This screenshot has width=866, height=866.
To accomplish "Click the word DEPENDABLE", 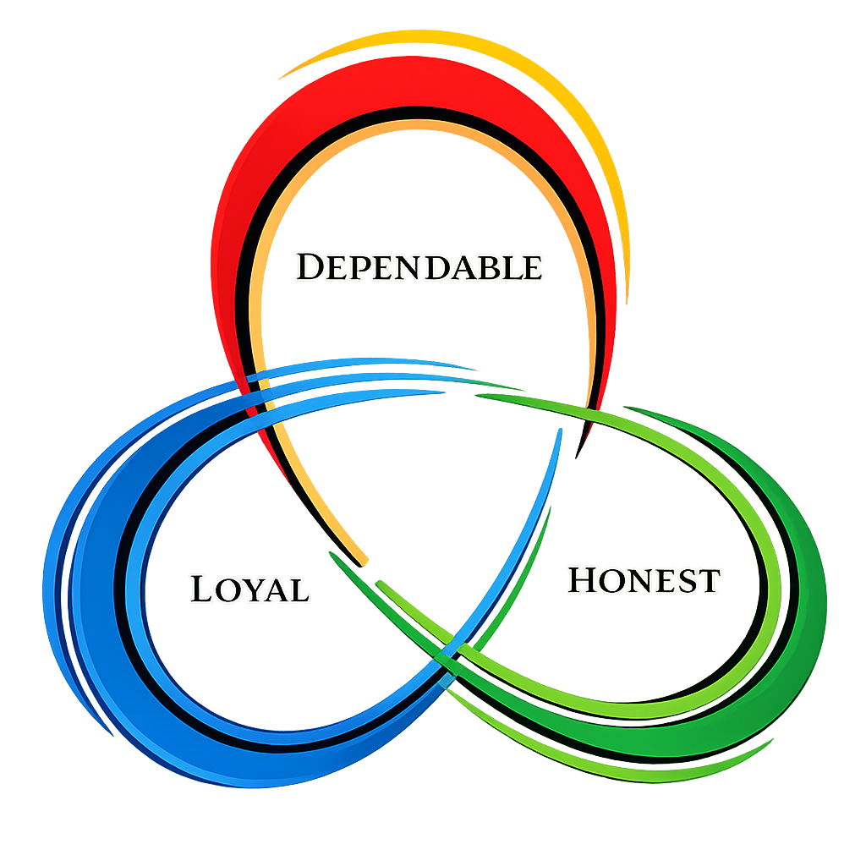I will (x=419, y=267).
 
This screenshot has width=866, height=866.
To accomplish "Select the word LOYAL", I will (x=249, y=589).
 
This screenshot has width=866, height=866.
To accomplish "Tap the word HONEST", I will (x=644, y=581).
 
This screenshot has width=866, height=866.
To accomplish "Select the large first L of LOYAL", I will (x=201, y=588).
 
